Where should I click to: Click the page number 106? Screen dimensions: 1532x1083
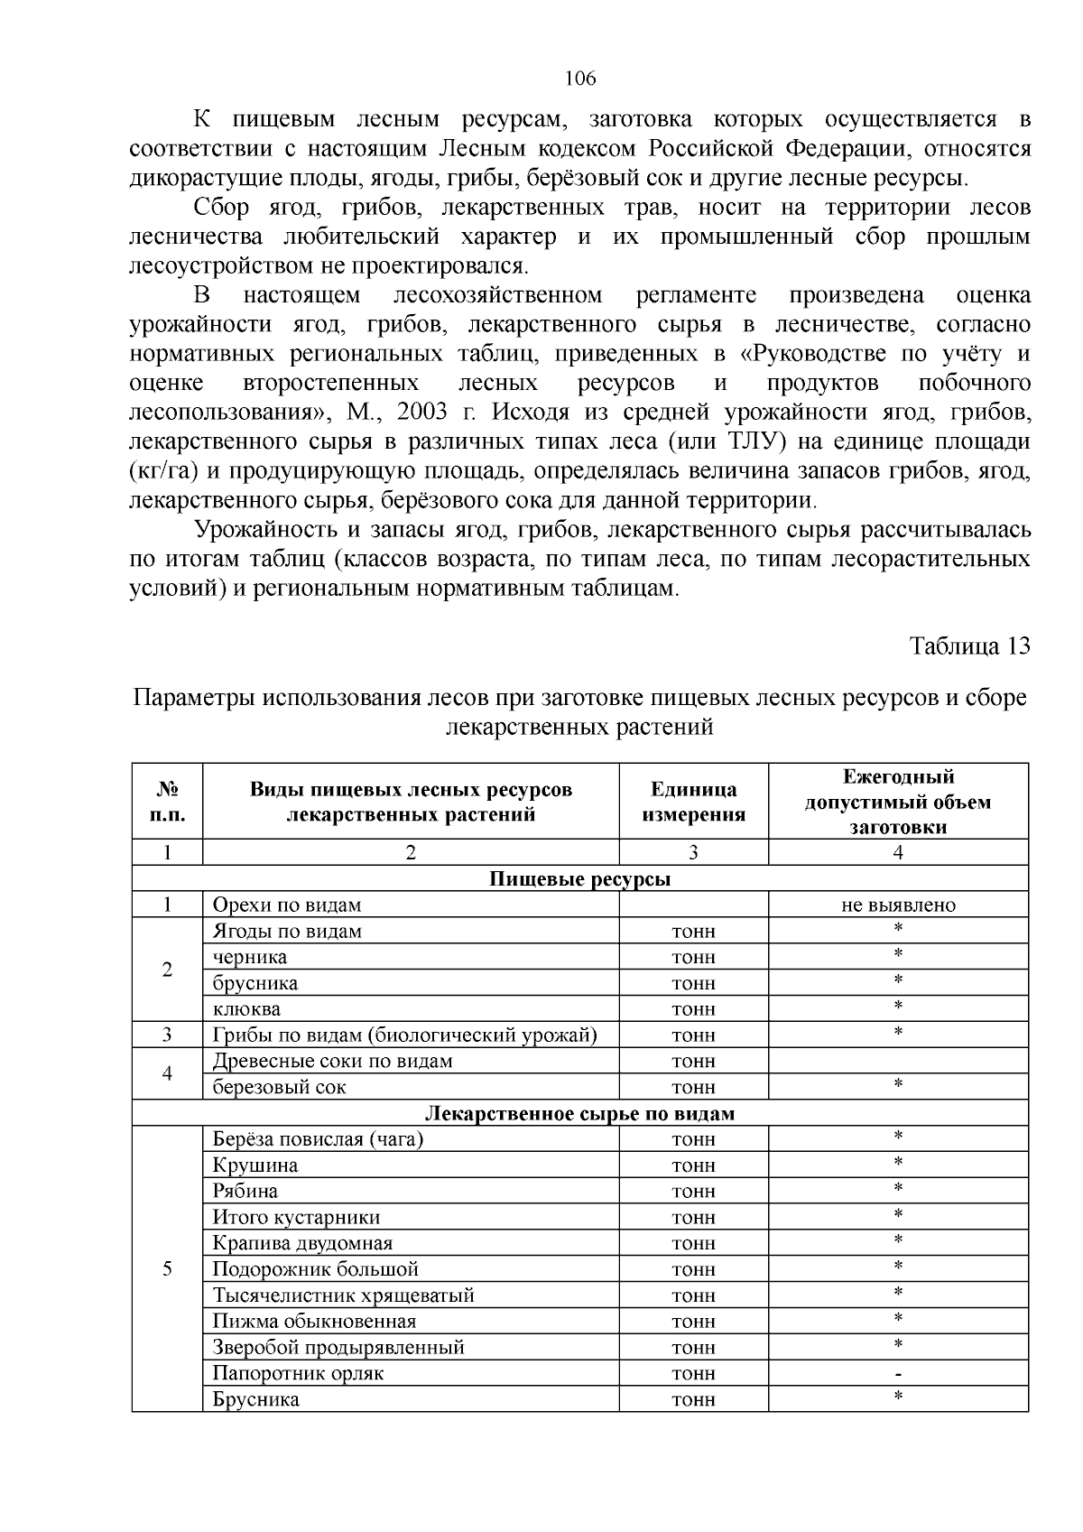click(580, 79)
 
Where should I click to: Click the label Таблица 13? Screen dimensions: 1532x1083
click(969, 647)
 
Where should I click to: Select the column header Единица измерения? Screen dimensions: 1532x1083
click(693, 802)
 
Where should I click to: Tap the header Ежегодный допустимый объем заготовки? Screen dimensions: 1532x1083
click(898, 802)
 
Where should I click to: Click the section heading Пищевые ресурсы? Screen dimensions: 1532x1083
click(579, 879)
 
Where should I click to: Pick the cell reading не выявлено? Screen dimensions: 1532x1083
click(898, 905)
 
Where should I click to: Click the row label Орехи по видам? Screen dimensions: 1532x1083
click(287, 905)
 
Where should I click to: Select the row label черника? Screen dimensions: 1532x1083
click(250, 957)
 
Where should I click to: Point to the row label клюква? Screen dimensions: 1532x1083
click(246, 1009)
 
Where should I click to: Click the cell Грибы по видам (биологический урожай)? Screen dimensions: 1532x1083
click(404, 1035)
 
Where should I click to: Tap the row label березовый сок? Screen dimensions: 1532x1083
click(279, 1088)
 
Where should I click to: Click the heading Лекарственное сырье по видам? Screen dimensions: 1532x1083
click(579, 1114)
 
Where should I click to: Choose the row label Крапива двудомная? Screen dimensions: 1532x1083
click(302, 1244)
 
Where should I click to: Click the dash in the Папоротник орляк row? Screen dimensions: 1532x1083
click(898, 1374)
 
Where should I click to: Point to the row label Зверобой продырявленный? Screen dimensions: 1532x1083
click(338, 1348)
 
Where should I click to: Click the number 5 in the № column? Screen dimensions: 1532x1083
click(167, 1269)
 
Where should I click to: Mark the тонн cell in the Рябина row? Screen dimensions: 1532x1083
click(693, 1192)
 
